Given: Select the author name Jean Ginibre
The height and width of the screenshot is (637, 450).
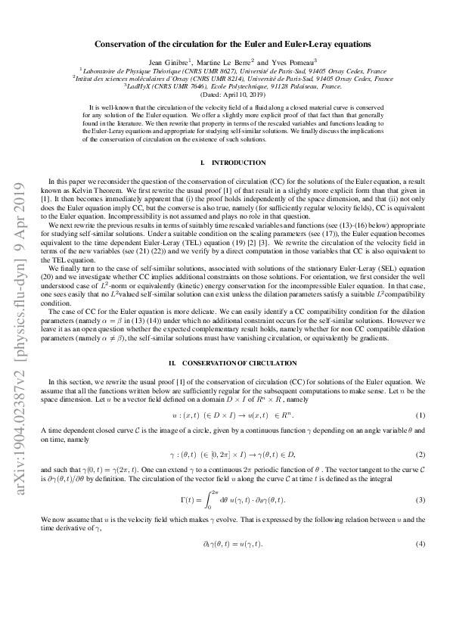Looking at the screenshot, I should coord(191,61).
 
